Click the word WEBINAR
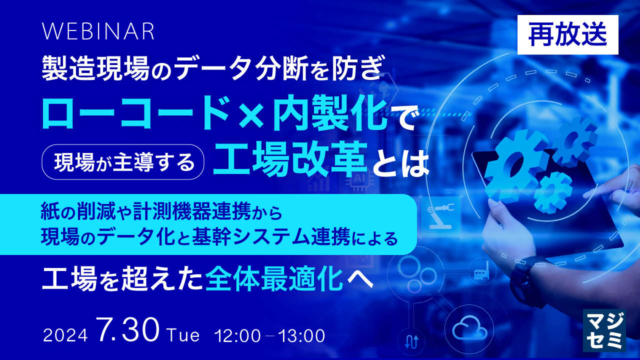(98, 31)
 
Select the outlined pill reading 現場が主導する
(123, 161)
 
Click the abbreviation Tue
(184, 334)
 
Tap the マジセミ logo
(604, 329)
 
